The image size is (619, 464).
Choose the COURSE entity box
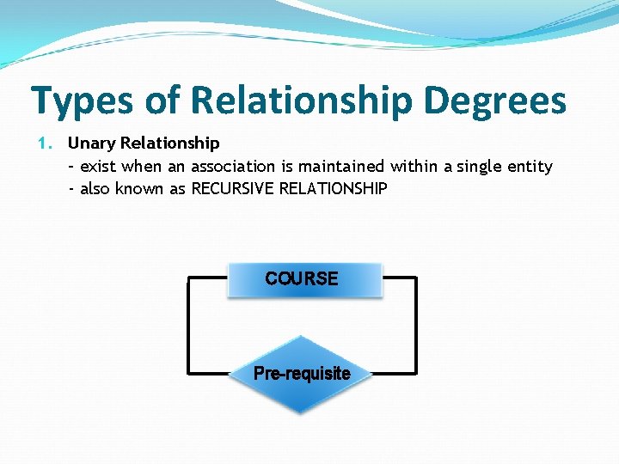[x=303, y=278]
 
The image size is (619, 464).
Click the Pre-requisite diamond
[x=302, y=373]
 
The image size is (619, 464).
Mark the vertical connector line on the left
[x=188, y=326]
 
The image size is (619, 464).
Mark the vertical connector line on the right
[x=416, y=326]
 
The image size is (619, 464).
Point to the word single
[x=478, y=167]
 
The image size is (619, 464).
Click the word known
[x=138, y=188]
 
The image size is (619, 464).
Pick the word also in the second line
[x=96, y=188]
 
